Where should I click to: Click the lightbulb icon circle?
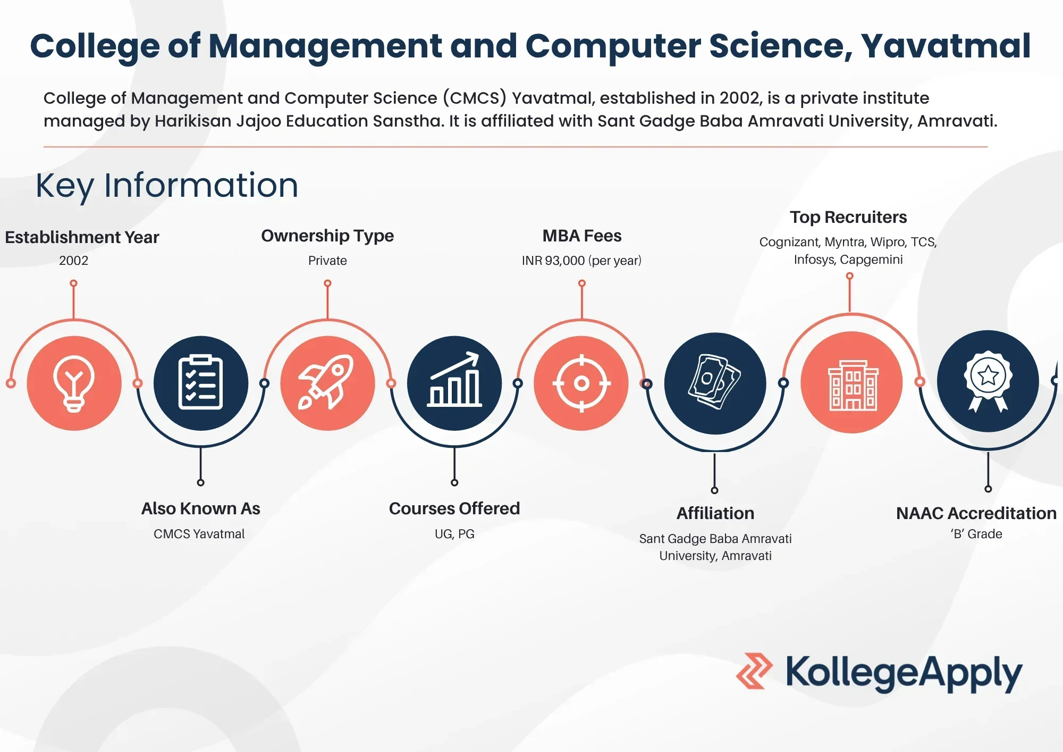coord(74,383)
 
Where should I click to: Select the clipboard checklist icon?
coord(200,383)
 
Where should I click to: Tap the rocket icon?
coord(327,383)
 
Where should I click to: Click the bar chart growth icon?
coord(454,383)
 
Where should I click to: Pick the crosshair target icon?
coord(581,383)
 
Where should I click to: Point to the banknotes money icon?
coord(715,383)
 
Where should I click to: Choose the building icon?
coord(851,382)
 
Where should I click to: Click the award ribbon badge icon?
coord(988,381)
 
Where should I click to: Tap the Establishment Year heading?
coord(82,237)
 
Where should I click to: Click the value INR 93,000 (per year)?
coord(581,261)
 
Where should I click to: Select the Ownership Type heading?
coord(327,236)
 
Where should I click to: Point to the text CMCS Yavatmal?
coord(199,534)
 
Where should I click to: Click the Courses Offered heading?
coord(454,508)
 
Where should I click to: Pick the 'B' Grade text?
coord(976,534)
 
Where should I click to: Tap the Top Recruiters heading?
coord(848,217)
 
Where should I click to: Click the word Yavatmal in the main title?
coord(946,46)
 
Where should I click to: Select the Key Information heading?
coord(167,185)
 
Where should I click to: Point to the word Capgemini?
coord(871,260)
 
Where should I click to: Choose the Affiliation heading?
coord(715,513)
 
